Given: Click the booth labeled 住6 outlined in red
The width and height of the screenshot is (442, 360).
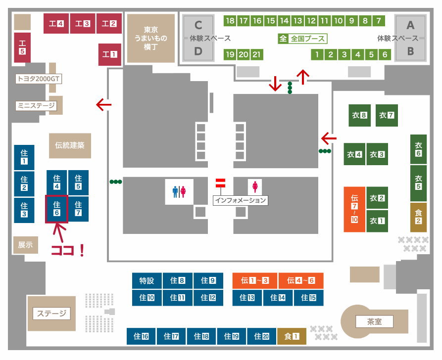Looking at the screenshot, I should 56,209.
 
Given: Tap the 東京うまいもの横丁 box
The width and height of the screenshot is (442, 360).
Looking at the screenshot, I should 151,38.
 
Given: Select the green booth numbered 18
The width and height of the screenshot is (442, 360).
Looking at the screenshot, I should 230,21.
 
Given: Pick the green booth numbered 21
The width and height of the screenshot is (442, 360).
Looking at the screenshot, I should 257,54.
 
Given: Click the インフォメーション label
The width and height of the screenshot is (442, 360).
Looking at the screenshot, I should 241,200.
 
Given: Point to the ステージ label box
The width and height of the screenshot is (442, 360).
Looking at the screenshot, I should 51,314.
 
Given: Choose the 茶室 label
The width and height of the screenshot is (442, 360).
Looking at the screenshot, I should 374,322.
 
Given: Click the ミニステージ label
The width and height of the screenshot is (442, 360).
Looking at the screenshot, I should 36,105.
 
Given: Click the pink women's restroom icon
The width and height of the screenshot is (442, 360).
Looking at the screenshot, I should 255,186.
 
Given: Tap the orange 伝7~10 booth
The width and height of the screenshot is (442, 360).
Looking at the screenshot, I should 354,209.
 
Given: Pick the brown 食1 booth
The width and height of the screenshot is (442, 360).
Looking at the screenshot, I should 292,336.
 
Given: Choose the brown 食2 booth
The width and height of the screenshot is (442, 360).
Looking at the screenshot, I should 418,217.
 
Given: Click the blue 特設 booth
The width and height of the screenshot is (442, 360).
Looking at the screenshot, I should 147,281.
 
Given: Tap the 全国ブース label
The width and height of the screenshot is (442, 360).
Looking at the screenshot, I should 302,38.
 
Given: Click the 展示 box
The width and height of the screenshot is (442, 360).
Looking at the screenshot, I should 25,244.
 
